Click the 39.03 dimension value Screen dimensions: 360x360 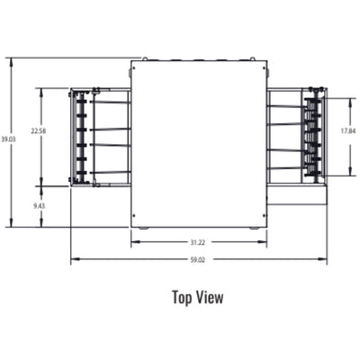click(x=8, y=139)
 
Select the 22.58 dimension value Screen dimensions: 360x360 click(x=39, y=131)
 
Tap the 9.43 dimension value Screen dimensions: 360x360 click(x=39, y=207)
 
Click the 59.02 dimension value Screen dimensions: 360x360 click(x=197, y=261)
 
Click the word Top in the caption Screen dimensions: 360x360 click(x=183, y=296)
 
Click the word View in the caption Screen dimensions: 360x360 click(x=210, y=296)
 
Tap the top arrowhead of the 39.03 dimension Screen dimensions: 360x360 click(x=10, y=60)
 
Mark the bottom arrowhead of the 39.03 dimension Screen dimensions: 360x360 click(x=10, y=225)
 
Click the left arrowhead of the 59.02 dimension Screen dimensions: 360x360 click(x=74, y=261)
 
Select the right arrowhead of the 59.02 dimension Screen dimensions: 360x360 click(x=324, y=261)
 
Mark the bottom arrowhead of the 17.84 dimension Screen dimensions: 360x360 click(x=347, y=171)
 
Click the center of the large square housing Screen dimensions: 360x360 click(x=199, y=143)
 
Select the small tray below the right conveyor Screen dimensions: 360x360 click(x=297, y=193)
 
